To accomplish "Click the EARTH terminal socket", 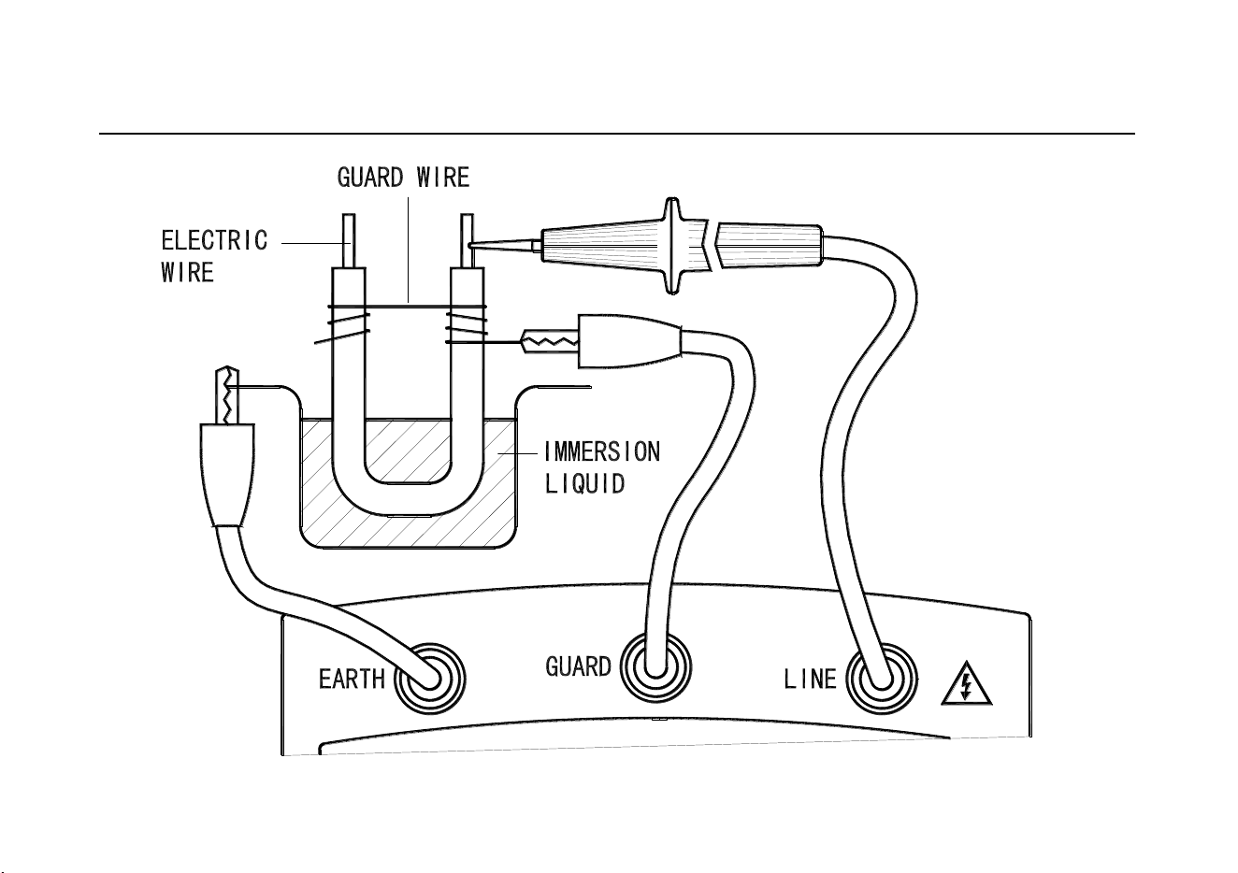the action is pos(430,679).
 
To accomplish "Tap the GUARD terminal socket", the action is pos(655,667).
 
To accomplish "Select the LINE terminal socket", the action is pos(882,680).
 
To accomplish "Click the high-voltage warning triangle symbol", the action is pos(967,684).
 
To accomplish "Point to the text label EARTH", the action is pos(352,680).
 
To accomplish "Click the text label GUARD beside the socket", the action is pos(578,667).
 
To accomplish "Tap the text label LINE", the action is pos(811,680).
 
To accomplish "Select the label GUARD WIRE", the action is pos(403,178).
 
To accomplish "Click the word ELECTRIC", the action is pos(214,240).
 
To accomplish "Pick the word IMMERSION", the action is pos(602,452).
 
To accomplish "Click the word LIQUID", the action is pos(584,483).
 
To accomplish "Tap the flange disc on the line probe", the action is pos(672,246).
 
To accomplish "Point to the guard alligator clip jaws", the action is pos(550,341).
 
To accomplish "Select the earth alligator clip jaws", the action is pos(227,395).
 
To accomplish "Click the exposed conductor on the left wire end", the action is pos(349,241).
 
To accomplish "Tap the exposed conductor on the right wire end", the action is pos(467,241).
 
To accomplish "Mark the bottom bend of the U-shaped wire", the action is pos(408,500).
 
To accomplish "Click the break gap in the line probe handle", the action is pos(712,245).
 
